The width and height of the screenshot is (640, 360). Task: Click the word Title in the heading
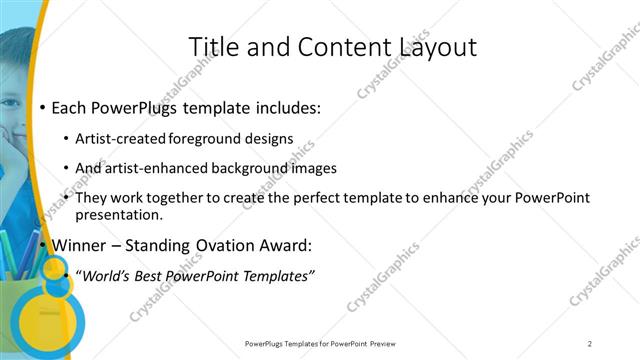212,47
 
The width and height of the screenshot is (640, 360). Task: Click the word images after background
312,168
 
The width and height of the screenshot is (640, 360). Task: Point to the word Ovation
229,245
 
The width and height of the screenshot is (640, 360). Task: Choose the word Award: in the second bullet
287,245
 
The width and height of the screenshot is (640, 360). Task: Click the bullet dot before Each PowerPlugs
41,107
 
